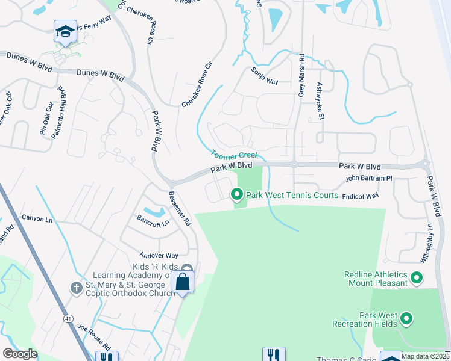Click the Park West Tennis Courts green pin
[236, 194]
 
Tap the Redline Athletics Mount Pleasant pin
[416, 278]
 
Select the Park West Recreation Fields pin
[406, 318]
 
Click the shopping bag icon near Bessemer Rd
[182, 282]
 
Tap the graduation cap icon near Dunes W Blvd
[65, 31]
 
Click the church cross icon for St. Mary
[76, 288]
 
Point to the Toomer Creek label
[235, 155]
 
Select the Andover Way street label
[159, 255]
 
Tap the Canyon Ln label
[37, 218]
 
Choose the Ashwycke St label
[321, 100]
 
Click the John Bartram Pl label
[368, 179]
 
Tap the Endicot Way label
[360, 196]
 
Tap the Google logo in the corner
[20, 354]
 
